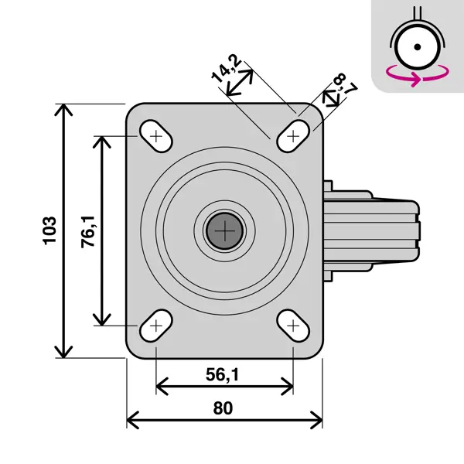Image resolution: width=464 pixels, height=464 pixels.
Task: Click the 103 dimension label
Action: pyautogui.click(x=49, y=230)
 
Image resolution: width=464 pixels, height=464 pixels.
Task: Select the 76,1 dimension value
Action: pyautogui.click(x=88, y=232)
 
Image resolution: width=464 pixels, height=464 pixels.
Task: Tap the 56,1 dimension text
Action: pyautogui.click(x=223, y=374)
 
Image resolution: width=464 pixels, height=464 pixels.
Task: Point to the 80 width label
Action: pyautogui.click(x=223, y=408)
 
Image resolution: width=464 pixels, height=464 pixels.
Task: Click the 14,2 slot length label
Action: pyautogui.click(x=227, y=68)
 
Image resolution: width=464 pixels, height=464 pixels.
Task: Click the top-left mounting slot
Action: pyautogui.click(x=156, y=136)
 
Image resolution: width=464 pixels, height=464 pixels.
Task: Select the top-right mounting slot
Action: pyautogui.click(x=293, y=136)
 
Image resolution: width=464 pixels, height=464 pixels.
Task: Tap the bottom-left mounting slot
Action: pyautogui.click(x=156, y=326)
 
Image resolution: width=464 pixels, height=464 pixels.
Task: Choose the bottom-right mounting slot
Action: pyautogui.click(x=293, y=326)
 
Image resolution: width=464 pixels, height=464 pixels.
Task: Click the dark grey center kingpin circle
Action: pyautogui.click(x=224, y=230)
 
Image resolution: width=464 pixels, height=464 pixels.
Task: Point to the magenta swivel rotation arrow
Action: pyautogui.click(x=418, y=76)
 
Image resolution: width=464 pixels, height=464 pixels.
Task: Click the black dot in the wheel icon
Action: pyautogui.click(x=418, y=46)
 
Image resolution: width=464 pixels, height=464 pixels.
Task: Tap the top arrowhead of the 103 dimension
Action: pyautogui.click(x=63, y=109)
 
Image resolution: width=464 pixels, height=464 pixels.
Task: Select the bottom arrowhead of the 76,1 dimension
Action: pyautogui.click(x=102, y=320)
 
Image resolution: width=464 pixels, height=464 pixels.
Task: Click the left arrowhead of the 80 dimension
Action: pyautogui.click(x=132, y=420)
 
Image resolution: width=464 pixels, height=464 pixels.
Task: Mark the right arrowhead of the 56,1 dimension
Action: pyautogui.click(x=288, y=386)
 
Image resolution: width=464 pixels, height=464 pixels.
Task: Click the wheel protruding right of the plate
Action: pyautogui.click(x=371, y=230)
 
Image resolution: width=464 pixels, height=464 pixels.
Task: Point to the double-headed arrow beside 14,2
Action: pyautogui.click(x=240, y=83)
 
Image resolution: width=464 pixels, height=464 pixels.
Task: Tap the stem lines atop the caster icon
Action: pyautogui.click(x=418, y=14)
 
